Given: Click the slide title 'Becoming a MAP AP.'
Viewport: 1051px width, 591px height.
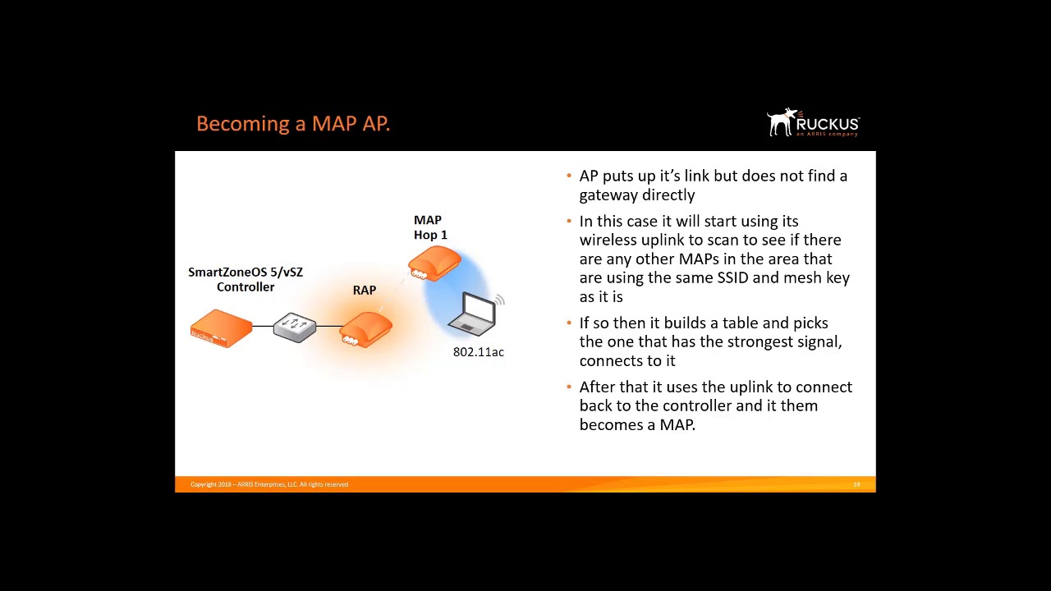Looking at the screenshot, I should tap(293, 124).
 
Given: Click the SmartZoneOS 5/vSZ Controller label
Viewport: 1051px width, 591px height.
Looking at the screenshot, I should tap(246, 279).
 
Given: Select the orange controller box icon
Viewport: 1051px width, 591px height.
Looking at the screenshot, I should tap(221, 328).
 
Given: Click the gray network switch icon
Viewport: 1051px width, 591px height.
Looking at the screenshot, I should tap(295, 327).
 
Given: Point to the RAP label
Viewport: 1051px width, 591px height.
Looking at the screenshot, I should tap(365, 291).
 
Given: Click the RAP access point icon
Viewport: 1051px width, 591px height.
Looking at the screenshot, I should tap(365, 330).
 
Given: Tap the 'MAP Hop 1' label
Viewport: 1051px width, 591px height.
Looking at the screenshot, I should tap(429, 227).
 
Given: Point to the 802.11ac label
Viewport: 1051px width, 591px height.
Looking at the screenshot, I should tap(479, 352).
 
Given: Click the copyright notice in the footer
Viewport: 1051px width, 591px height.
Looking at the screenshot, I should tap(269, 484).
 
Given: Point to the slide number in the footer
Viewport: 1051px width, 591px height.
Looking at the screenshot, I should tap(856, 484).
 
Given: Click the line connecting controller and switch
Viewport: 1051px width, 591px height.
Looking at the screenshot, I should tap(262, 326).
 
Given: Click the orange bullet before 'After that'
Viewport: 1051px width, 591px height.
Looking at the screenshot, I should tap(569, 387).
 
